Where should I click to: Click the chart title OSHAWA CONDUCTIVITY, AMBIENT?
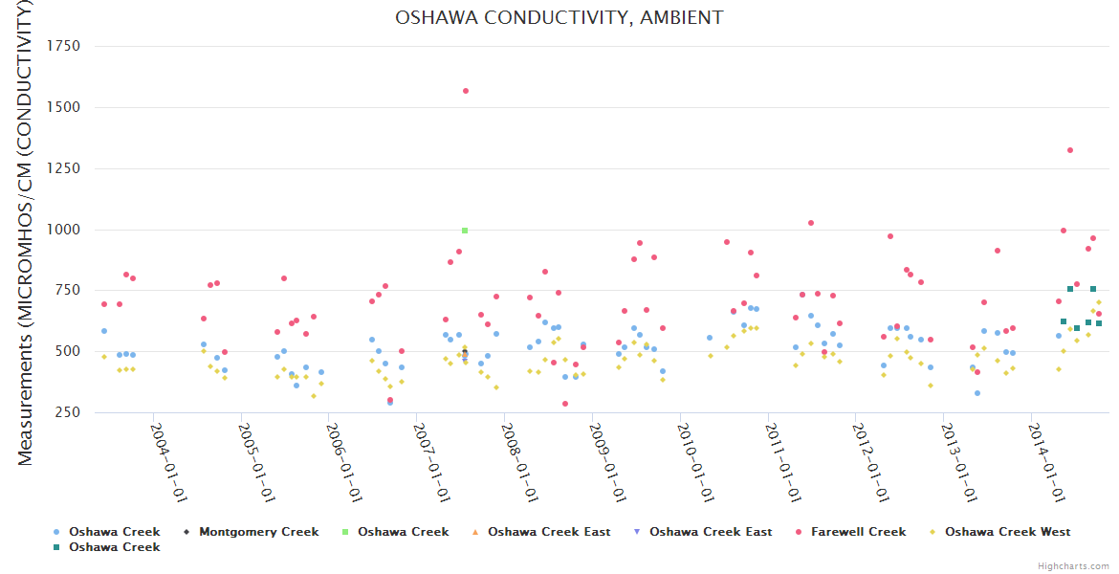tap(559, 18)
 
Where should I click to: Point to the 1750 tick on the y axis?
tap(63, 47)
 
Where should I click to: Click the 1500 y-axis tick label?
tap(63, 108)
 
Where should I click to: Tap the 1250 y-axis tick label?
tap(63, 169)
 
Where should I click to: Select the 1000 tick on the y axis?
tap(63, 231)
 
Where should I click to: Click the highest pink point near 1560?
tap(466, 91)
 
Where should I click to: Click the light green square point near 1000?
tap(465, 231)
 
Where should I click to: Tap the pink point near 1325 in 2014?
tap(1070, 150)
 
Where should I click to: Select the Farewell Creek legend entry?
tap(858, 532)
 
